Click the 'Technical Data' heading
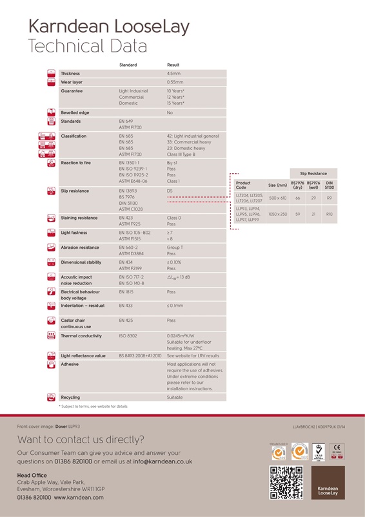pyautogui.click(x=88, y=46)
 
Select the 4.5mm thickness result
pyautogui.click(x=173, y=74)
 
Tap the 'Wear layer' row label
pyautogui.click(x=72, y=83)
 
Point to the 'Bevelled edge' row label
pyautogui.click(x=75, y=112)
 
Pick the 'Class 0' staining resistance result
pyautogui.click(x=174, y=218)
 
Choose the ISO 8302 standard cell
pyautogui.click(x=128, y=336)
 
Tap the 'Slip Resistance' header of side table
pyautogui.click(x=313, y=173)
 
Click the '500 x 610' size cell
pyautogui.click(x=278, y=198)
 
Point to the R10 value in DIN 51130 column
pyautogui.click(x=329, y=213)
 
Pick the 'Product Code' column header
pyautogui.click(x=243, y=185)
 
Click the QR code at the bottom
pyautogui.click(x=286, y=482)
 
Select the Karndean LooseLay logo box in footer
pyautogui.click(x=328, y=482)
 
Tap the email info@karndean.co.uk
pyautogui.click(x=163, y=462)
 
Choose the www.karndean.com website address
pyautogui.click(x=79, y=497)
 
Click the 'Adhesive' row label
pyautogui.click(x=70, y=364)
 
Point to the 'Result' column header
pyautogui.click(x=173, y=65)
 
